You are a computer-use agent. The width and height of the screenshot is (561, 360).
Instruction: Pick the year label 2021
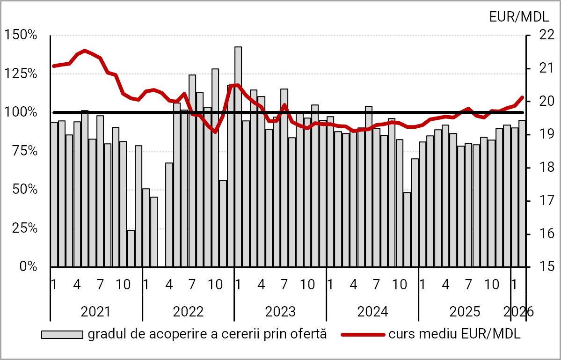(95, 311)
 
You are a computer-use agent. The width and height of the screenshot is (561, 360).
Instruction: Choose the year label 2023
(280, 311)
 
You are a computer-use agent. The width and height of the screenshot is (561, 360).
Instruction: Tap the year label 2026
(518, 311)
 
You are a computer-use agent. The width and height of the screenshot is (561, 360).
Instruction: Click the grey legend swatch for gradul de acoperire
(62, 334)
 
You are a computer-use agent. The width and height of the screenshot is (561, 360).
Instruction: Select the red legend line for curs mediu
(363, 334)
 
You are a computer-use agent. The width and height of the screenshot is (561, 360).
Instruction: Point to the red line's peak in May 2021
(85, 51)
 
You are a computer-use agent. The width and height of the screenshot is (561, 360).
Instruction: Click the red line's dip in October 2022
(215, 132)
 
